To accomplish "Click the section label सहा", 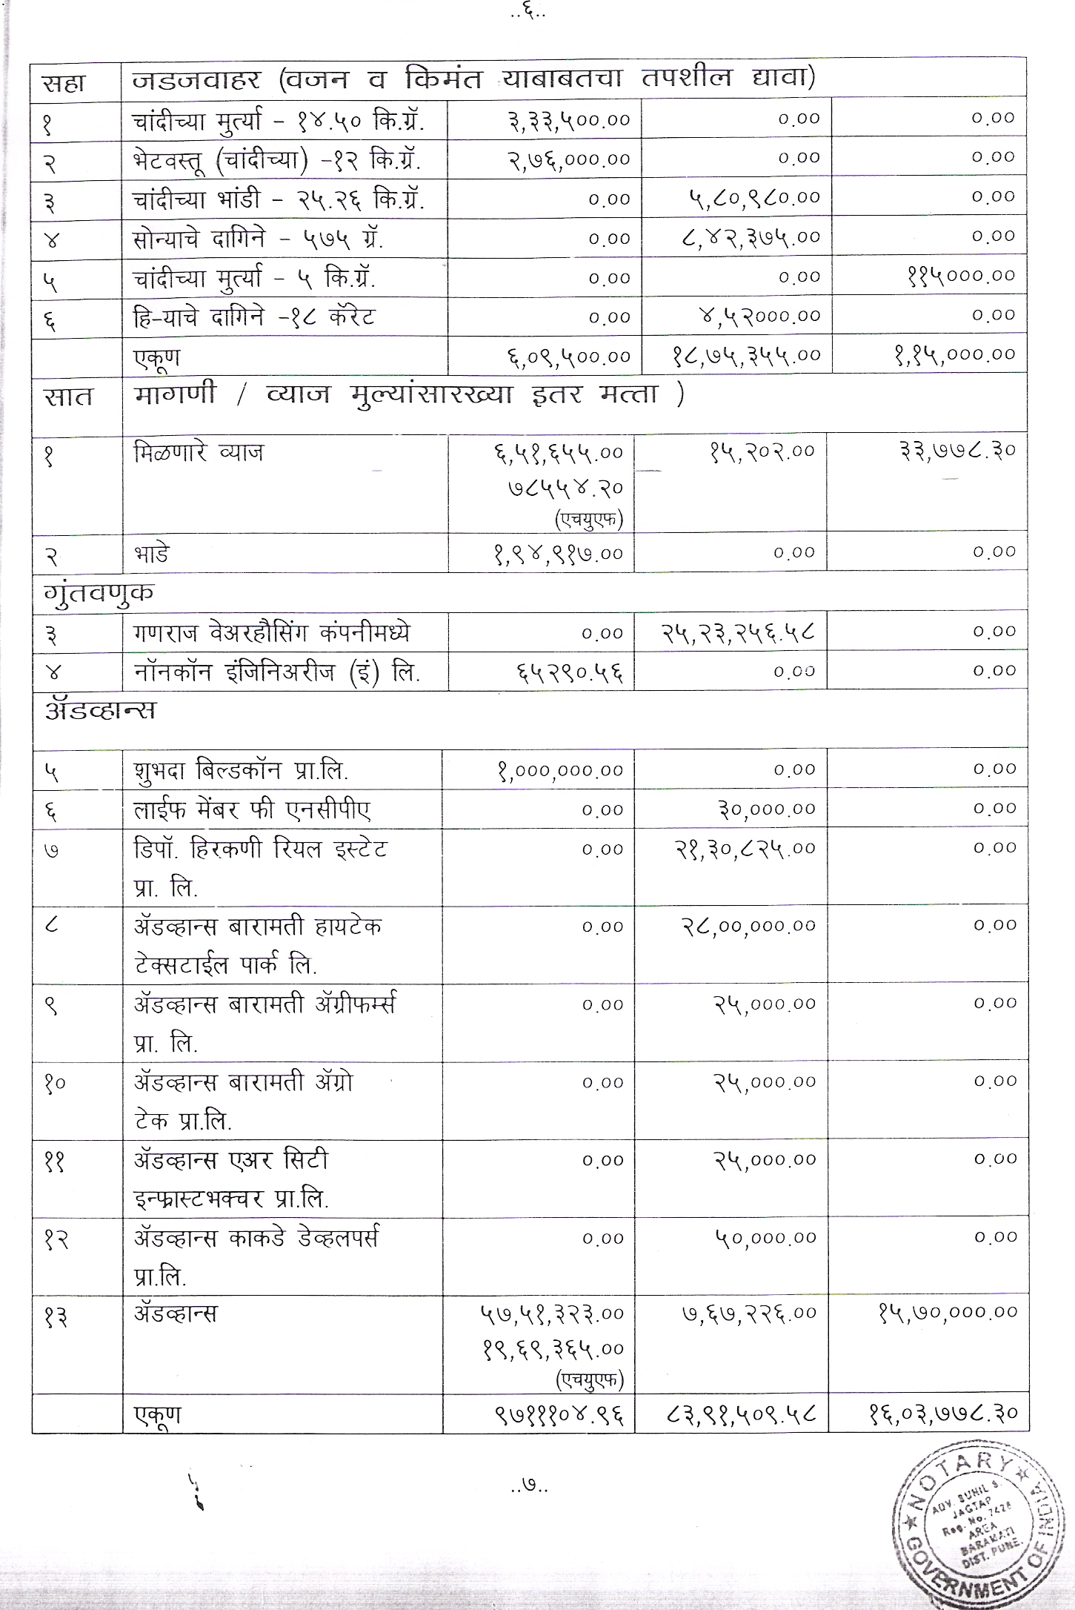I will [64, 82].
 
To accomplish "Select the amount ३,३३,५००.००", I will [569, 119].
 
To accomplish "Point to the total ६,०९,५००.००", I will [568, 356].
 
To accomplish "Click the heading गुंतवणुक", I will [99, 593].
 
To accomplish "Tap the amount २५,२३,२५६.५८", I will [738, 633].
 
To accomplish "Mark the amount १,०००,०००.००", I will [560, 771].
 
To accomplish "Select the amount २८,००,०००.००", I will [748, 926].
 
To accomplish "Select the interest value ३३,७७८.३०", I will [957, 450].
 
